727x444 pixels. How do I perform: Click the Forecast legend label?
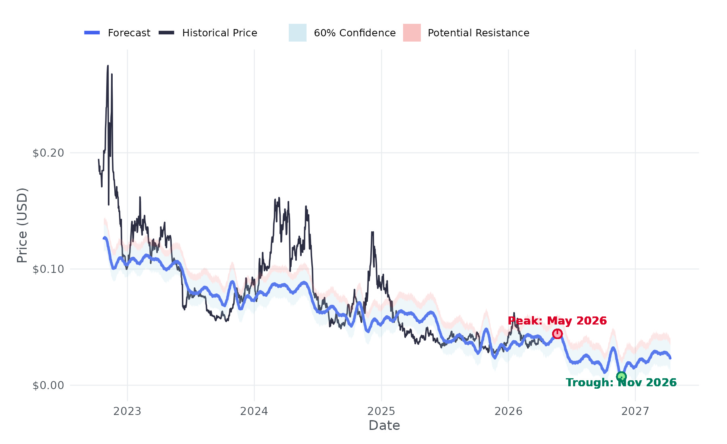point(129,33)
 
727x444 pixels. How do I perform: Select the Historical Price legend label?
point(219,33)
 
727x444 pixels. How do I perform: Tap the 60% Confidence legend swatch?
point(297,33)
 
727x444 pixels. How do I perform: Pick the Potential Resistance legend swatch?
point(412,33)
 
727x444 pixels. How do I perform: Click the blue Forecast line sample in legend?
point(92,33)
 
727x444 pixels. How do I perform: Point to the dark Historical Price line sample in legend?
point(166,33)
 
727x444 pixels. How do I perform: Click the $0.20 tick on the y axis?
point(48,153)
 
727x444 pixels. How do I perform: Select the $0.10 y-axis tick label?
point(48,269)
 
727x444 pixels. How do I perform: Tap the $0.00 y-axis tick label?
point(48,385)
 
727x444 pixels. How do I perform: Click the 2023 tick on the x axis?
point(127,411)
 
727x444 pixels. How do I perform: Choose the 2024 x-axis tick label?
point(254,411)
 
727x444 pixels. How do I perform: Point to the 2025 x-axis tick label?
point(381,411)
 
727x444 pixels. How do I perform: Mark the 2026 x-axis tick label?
point(508,411)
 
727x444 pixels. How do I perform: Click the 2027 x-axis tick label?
point(635,411)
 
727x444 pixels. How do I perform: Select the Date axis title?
point(384,425)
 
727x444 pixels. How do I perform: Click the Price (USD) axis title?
point(22,225)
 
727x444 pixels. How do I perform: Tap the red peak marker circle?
point(557,334)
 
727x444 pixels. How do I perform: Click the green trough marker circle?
point(621,377)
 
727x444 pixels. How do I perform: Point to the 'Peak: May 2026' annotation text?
point(557,321)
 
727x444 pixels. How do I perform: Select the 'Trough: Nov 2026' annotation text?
point(621,383)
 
